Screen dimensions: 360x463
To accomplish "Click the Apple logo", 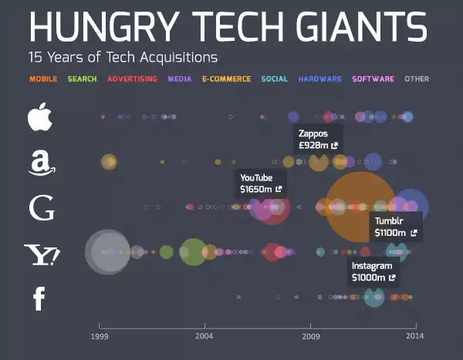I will [x=39, y=117].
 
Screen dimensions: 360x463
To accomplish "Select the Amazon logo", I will [x=39, y=163].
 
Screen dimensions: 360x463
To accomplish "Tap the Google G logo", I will [x=40, y=208].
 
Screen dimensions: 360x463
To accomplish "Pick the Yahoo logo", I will [x=42, y=254].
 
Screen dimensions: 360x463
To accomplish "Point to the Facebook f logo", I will [x=39, y=298].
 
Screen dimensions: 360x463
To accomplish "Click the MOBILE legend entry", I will [x=43, y=79].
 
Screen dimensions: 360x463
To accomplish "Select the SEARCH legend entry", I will [x=82, y=79].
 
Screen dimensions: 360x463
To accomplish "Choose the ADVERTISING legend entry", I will [x=132, y=79].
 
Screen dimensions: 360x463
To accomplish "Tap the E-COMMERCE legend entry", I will [x=226, y=79].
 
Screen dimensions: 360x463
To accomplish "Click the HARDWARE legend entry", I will [x=319, y=79].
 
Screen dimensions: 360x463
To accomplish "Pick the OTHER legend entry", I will [x=417, y=79].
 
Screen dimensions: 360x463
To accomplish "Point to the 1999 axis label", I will [x=98, y=336].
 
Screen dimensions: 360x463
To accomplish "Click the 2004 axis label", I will [x=204, y=336].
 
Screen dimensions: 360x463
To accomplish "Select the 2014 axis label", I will [x=416, y=336].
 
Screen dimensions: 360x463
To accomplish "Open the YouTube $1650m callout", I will [x=260, y=183].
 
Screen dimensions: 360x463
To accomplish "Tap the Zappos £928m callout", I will [x=318, y=139].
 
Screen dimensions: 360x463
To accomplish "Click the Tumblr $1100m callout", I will [x=395, y=227].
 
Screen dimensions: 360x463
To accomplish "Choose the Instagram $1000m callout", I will [x=373, y=271].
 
